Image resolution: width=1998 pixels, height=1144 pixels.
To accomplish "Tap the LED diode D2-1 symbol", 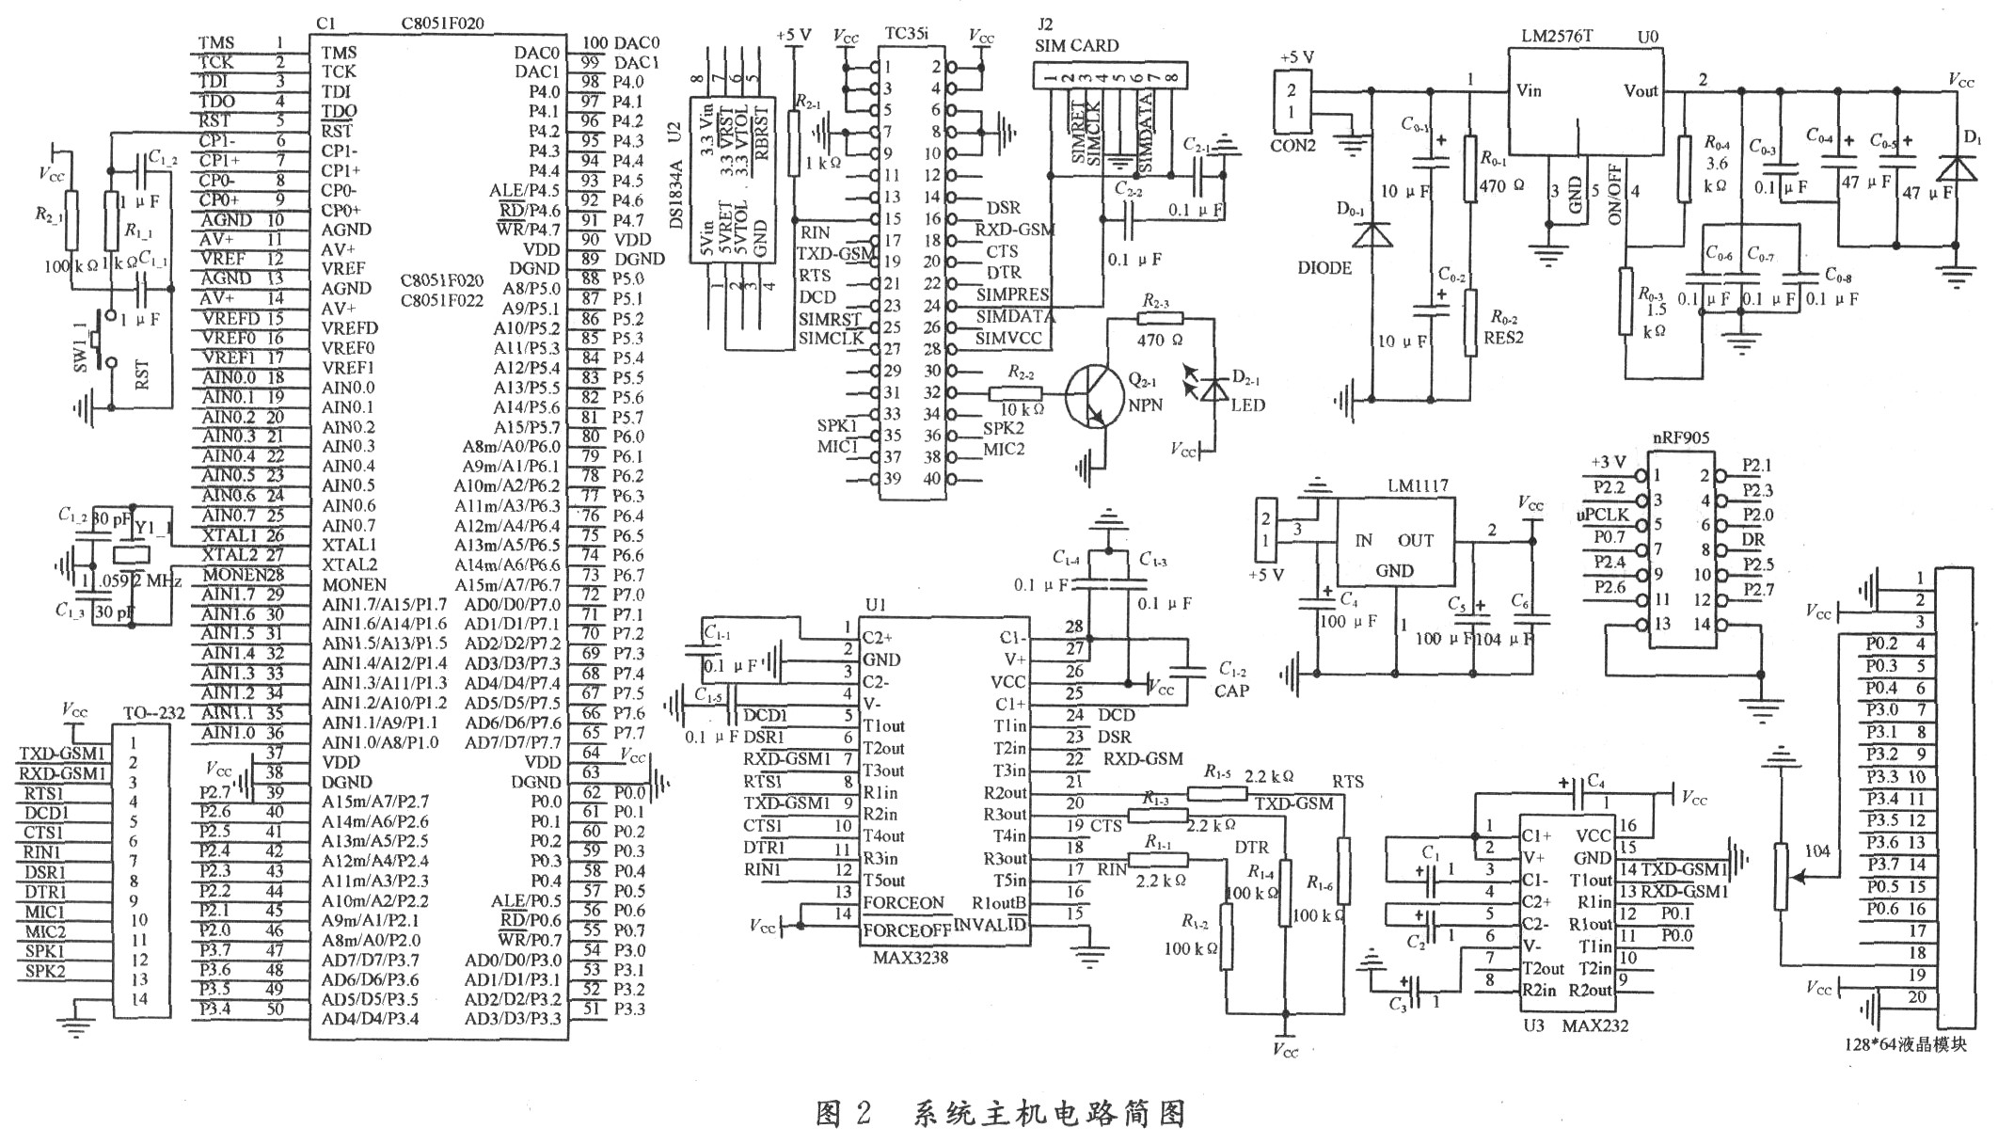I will click(x=1216, y=388).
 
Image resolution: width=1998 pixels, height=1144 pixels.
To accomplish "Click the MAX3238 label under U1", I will click(x=910, y=958).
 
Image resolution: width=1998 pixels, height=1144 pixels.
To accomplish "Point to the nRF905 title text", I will click(x=1680, y=437).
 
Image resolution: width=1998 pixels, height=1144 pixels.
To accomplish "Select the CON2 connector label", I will click(x=1292, y=146).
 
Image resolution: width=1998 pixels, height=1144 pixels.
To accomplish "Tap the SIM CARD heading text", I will click(x=1076, y=45).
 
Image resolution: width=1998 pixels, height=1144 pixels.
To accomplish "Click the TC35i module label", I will click(x=906, y=34).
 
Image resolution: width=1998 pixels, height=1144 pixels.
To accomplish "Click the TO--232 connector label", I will click(x=154, y=712).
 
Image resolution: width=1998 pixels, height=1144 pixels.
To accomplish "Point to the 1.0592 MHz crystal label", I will click(x=132, y=581).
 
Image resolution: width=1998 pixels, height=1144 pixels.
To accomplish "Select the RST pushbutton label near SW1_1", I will click(x=142, y=375).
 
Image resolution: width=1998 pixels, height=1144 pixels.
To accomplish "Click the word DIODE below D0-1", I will click(x=1324, y=268).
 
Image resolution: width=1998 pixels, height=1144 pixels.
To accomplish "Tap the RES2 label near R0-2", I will click(x=1503, y=337).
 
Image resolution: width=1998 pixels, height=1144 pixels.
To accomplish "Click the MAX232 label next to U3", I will click(x=1594, y=1025).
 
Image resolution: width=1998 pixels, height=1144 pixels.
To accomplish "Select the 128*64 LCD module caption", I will click(x=1905, y=1045).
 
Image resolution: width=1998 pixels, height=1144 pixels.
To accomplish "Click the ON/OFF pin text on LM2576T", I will click(x=1615, y=194).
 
